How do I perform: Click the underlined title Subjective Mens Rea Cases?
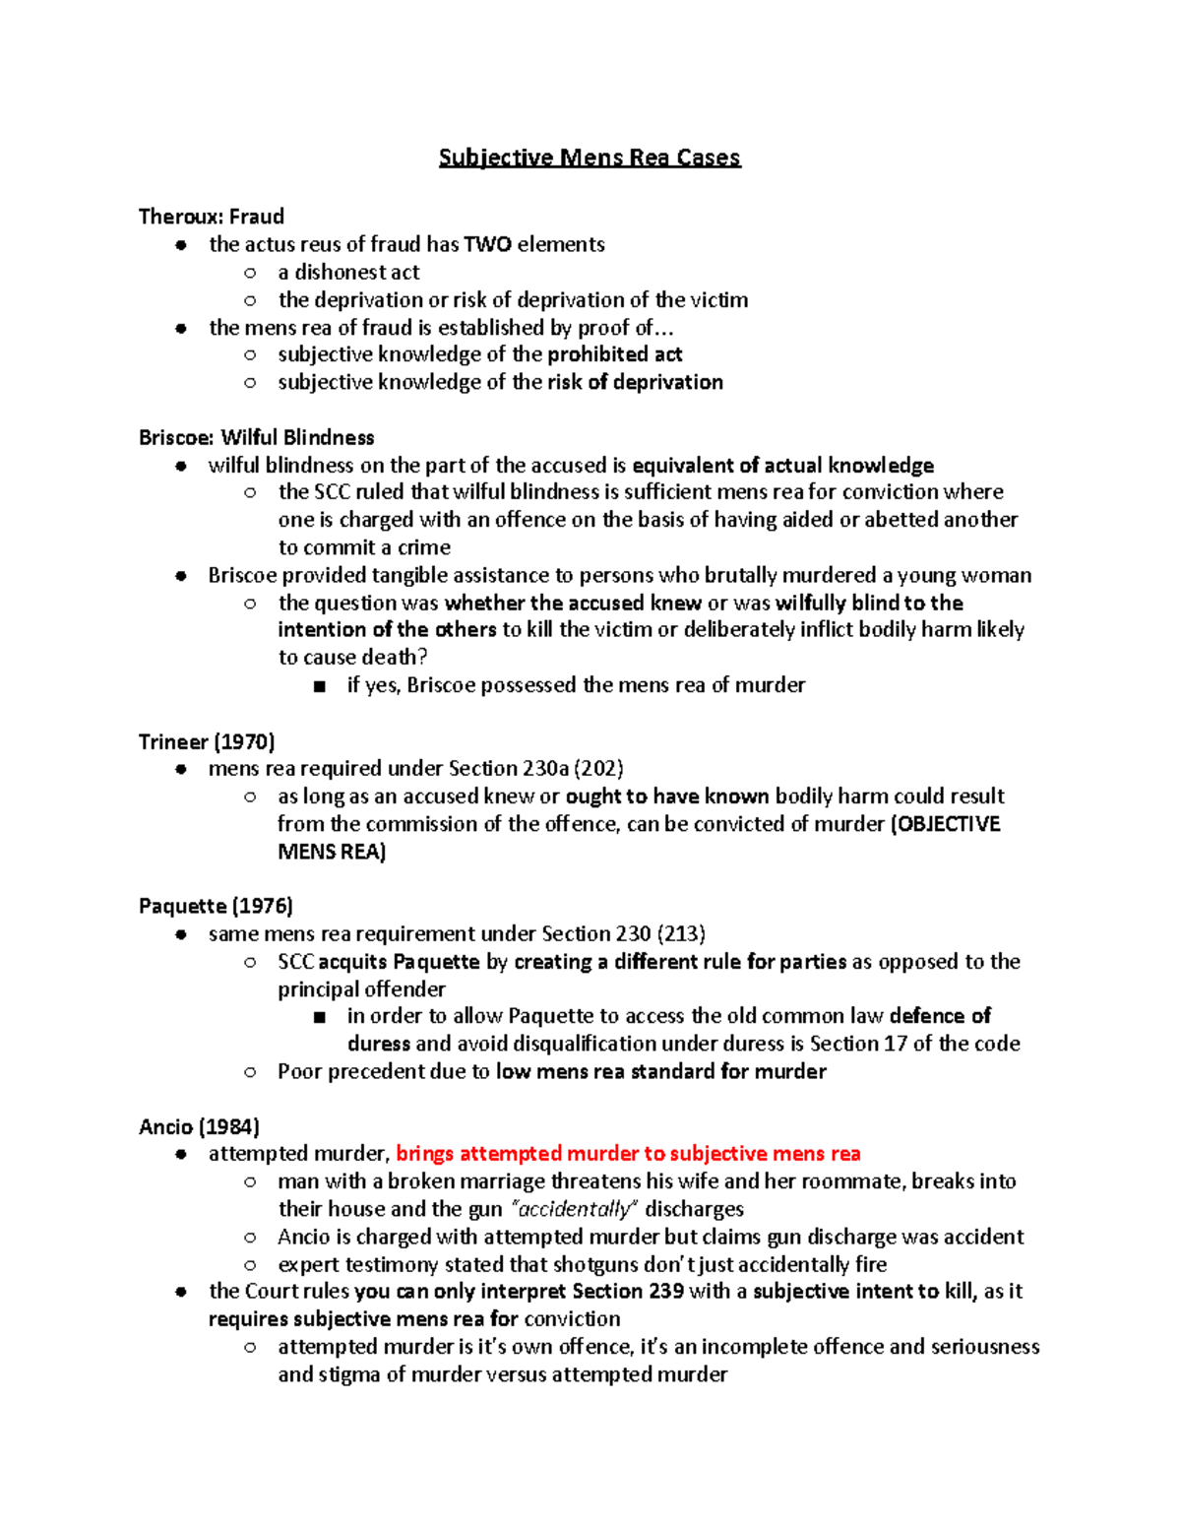click(589, 158)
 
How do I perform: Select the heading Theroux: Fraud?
click(212, 217)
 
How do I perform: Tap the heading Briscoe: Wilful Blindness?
click(257, 437)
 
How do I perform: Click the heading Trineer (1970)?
click(207, 741)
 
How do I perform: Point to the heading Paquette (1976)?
click(216, 906)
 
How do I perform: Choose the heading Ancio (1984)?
click(199, 1126)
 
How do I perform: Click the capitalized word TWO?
click(487, 244)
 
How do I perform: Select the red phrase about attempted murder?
click(628, 1154)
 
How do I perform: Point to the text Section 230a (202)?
click(535, 769)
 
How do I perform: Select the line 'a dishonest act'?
click(348, 272)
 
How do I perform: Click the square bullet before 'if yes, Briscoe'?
click(319, 686)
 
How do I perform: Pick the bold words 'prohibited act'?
click(614, 354)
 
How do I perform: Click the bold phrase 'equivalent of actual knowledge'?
click(782, 465)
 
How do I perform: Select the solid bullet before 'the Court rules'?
click(181, 1292)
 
